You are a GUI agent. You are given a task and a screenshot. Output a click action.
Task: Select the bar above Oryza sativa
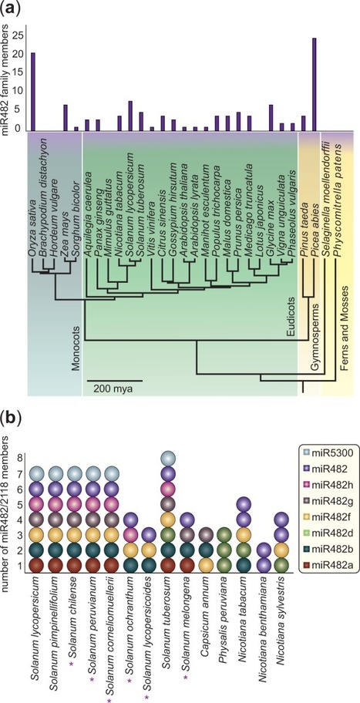[x=32, y=91]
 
